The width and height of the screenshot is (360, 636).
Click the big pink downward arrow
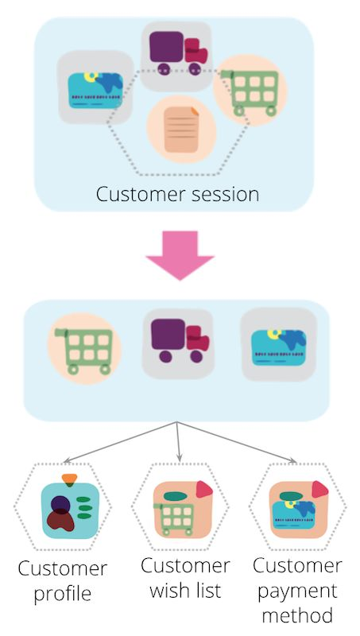pos(180,254)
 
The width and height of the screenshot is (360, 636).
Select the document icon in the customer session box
pos(182,130)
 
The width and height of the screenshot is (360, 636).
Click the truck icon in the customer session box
pos(178,52)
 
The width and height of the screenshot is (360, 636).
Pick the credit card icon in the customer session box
pos(95,90)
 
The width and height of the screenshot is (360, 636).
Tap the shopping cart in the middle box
pos(84,351)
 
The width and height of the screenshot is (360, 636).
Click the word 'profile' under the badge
pos(63,594)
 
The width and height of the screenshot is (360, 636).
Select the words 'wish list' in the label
pos(185,590)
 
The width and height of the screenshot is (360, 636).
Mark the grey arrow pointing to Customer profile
pos(121,442)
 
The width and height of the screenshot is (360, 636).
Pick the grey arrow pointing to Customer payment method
pos(237,442)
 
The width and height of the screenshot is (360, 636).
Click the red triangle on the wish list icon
pos(204,490)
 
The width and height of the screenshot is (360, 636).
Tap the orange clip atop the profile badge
pos(69,479)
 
